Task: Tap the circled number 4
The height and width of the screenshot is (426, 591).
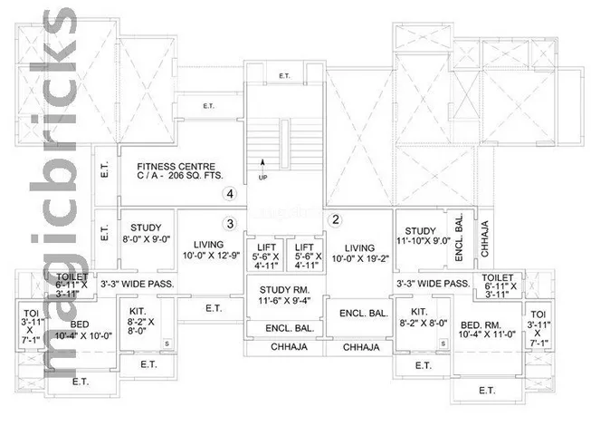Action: pyautogui.click(x=230, y=194)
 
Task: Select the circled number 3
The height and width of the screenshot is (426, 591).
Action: pyautogui.click(x=230, y=224)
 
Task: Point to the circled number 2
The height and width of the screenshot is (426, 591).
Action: pyautogui.click(x=336, y=219)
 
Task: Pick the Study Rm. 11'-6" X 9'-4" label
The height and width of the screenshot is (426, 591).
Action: pyautogui.click(x=284, y=295)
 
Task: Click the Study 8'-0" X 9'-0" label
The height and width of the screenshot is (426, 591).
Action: pyautogui.click(x=147, y=233)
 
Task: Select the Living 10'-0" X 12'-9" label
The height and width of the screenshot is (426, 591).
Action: pyautogui.click(x=211, y=250)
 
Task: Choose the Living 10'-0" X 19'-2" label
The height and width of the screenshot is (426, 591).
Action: pyautogui.click(x=360, y=253)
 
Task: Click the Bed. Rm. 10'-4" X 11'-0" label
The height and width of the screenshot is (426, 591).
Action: pyautogui.click(x=487, y=329)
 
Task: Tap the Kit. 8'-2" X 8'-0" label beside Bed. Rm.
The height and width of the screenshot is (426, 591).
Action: pyautogui.click(x=424, y=317)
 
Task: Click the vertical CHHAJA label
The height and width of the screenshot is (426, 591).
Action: pyautogui.click(x=485, y=238)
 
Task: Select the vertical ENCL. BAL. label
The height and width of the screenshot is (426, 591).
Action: pyautogui.click(x=459, y=237)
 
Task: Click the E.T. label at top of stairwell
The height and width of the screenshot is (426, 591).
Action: pyautogui.click(x=284, y=76)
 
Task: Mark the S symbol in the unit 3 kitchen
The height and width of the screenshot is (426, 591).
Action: pyautogui.click(x=167, y=344)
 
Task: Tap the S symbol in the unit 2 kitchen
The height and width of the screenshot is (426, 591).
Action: pyautogui.click(x=443, y=344)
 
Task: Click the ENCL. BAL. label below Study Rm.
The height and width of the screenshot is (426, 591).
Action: pyautogui.click(x=290, y=328)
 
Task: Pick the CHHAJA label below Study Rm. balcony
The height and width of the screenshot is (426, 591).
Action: pyautogui.click(x=289, y=347)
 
